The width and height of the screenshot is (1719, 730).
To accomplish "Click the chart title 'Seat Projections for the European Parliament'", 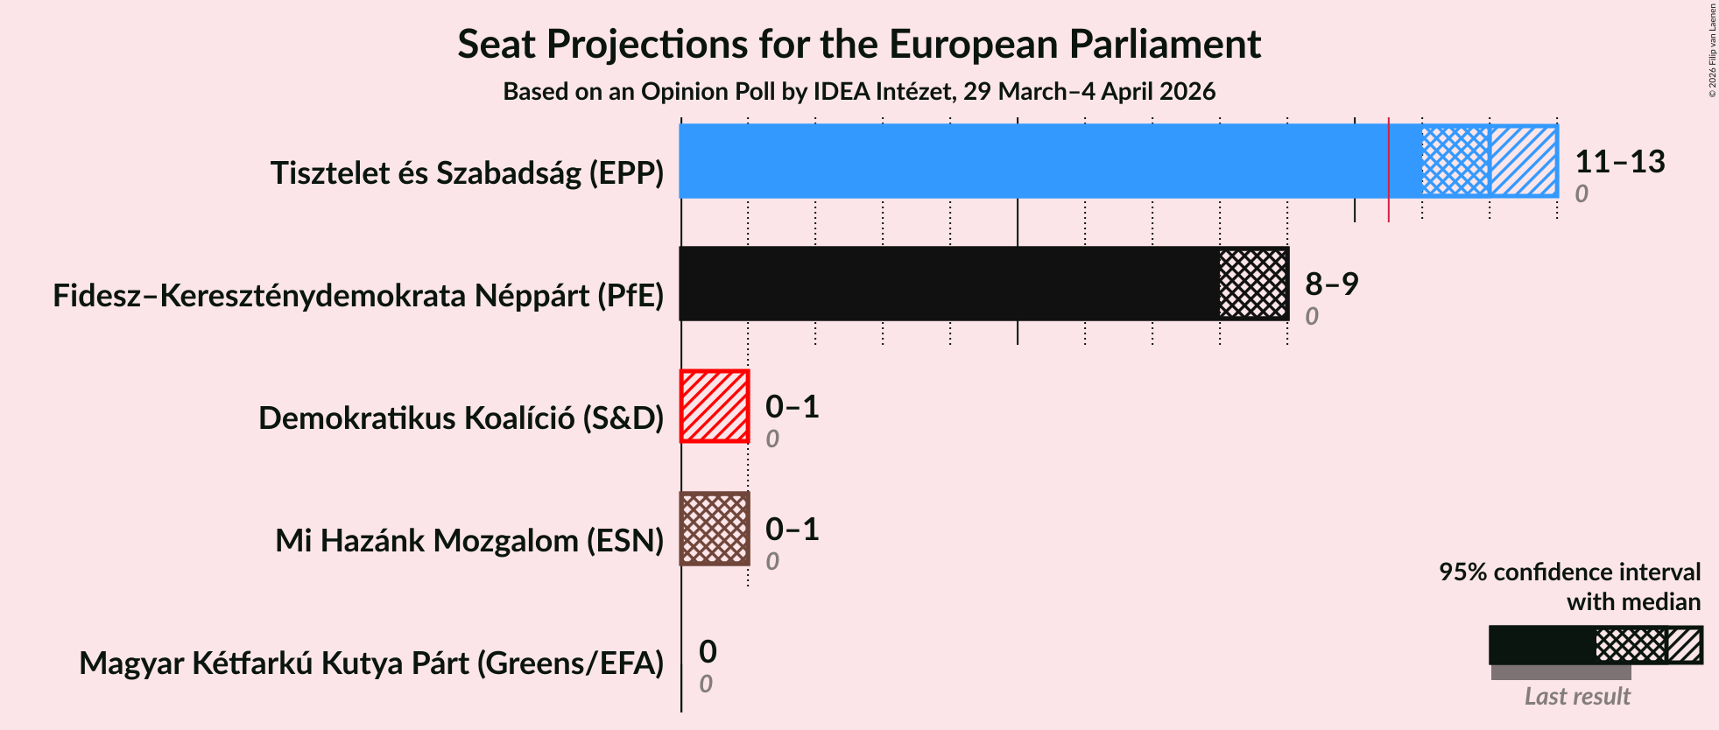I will coord(858,44).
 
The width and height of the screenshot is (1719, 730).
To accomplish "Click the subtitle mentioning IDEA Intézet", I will coord(858,92).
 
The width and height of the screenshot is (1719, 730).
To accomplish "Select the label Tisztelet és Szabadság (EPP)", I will coord(467,173).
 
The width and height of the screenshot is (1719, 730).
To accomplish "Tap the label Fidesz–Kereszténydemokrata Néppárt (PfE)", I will coord(358,296).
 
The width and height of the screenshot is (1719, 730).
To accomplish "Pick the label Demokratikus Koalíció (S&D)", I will coord(461,418).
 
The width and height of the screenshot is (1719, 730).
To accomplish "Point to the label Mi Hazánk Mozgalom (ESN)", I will coord(469,541).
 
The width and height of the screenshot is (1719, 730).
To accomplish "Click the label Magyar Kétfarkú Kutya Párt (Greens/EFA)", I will coord(371,663).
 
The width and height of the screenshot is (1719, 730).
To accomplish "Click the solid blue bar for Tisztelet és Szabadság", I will coord(1033,161).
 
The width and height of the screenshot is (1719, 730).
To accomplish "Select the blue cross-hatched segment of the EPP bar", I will coord(1455,161).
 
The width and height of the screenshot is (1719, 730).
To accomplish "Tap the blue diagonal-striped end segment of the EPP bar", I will coord(1524,161).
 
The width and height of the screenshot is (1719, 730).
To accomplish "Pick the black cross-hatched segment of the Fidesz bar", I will coord(1253,284).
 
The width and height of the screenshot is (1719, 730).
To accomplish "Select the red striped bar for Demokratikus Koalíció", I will coord(715,406).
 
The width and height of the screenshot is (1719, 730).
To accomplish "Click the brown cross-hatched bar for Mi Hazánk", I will coord(715,529).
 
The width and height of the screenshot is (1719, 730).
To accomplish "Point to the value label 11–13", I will coord(1619,162).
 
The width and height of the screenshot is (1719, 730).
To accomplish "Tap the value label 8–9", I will coord(1331,284).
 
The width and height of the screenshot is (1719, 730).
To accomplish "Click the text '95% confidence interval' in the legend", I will coord(1569,572).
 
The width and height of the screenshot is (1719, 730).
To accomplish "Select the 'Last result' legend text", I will coord(1576,697).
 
